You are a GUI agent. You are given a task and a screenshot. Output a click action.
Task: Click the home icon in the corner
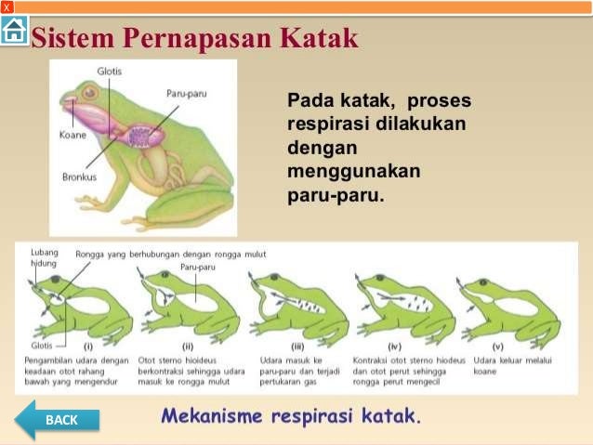[x=14, y=31]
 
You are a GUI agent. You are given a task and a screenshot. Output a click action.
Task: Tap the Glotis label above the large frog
[x=108, y=72]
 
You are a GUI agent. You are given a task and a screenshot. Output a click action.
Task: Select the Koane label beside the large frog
[x=62, y=133]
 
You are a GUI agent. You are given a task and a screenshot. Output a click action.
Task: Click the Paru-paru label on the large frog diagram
[x=185, y=94]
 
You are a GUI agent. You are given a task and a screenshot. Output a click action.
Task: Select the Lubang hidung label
[x=44, y=257]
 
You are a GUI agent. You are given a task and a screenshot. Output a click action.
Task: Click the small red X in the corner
[x=7, y=7]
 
